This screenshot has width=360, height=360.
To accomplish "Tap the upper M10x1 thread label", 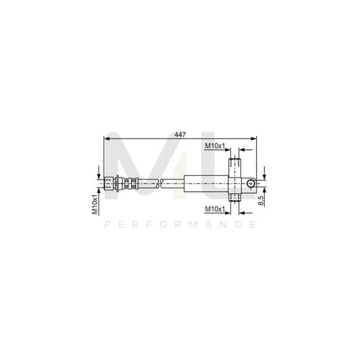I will click(x=215, y=146).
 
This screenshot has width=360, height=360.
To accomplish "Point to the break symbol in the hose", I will click(x=157, y=182).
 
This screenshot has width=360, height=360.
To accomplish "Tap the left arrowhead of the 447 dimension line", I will click(x=107, y=138).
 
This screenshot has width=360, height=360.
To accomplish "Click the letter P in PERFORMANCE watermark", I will click(x=107, y=224).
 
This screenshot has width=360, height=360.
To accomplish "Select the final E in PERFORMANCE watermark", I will click(x=253, y=224).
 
